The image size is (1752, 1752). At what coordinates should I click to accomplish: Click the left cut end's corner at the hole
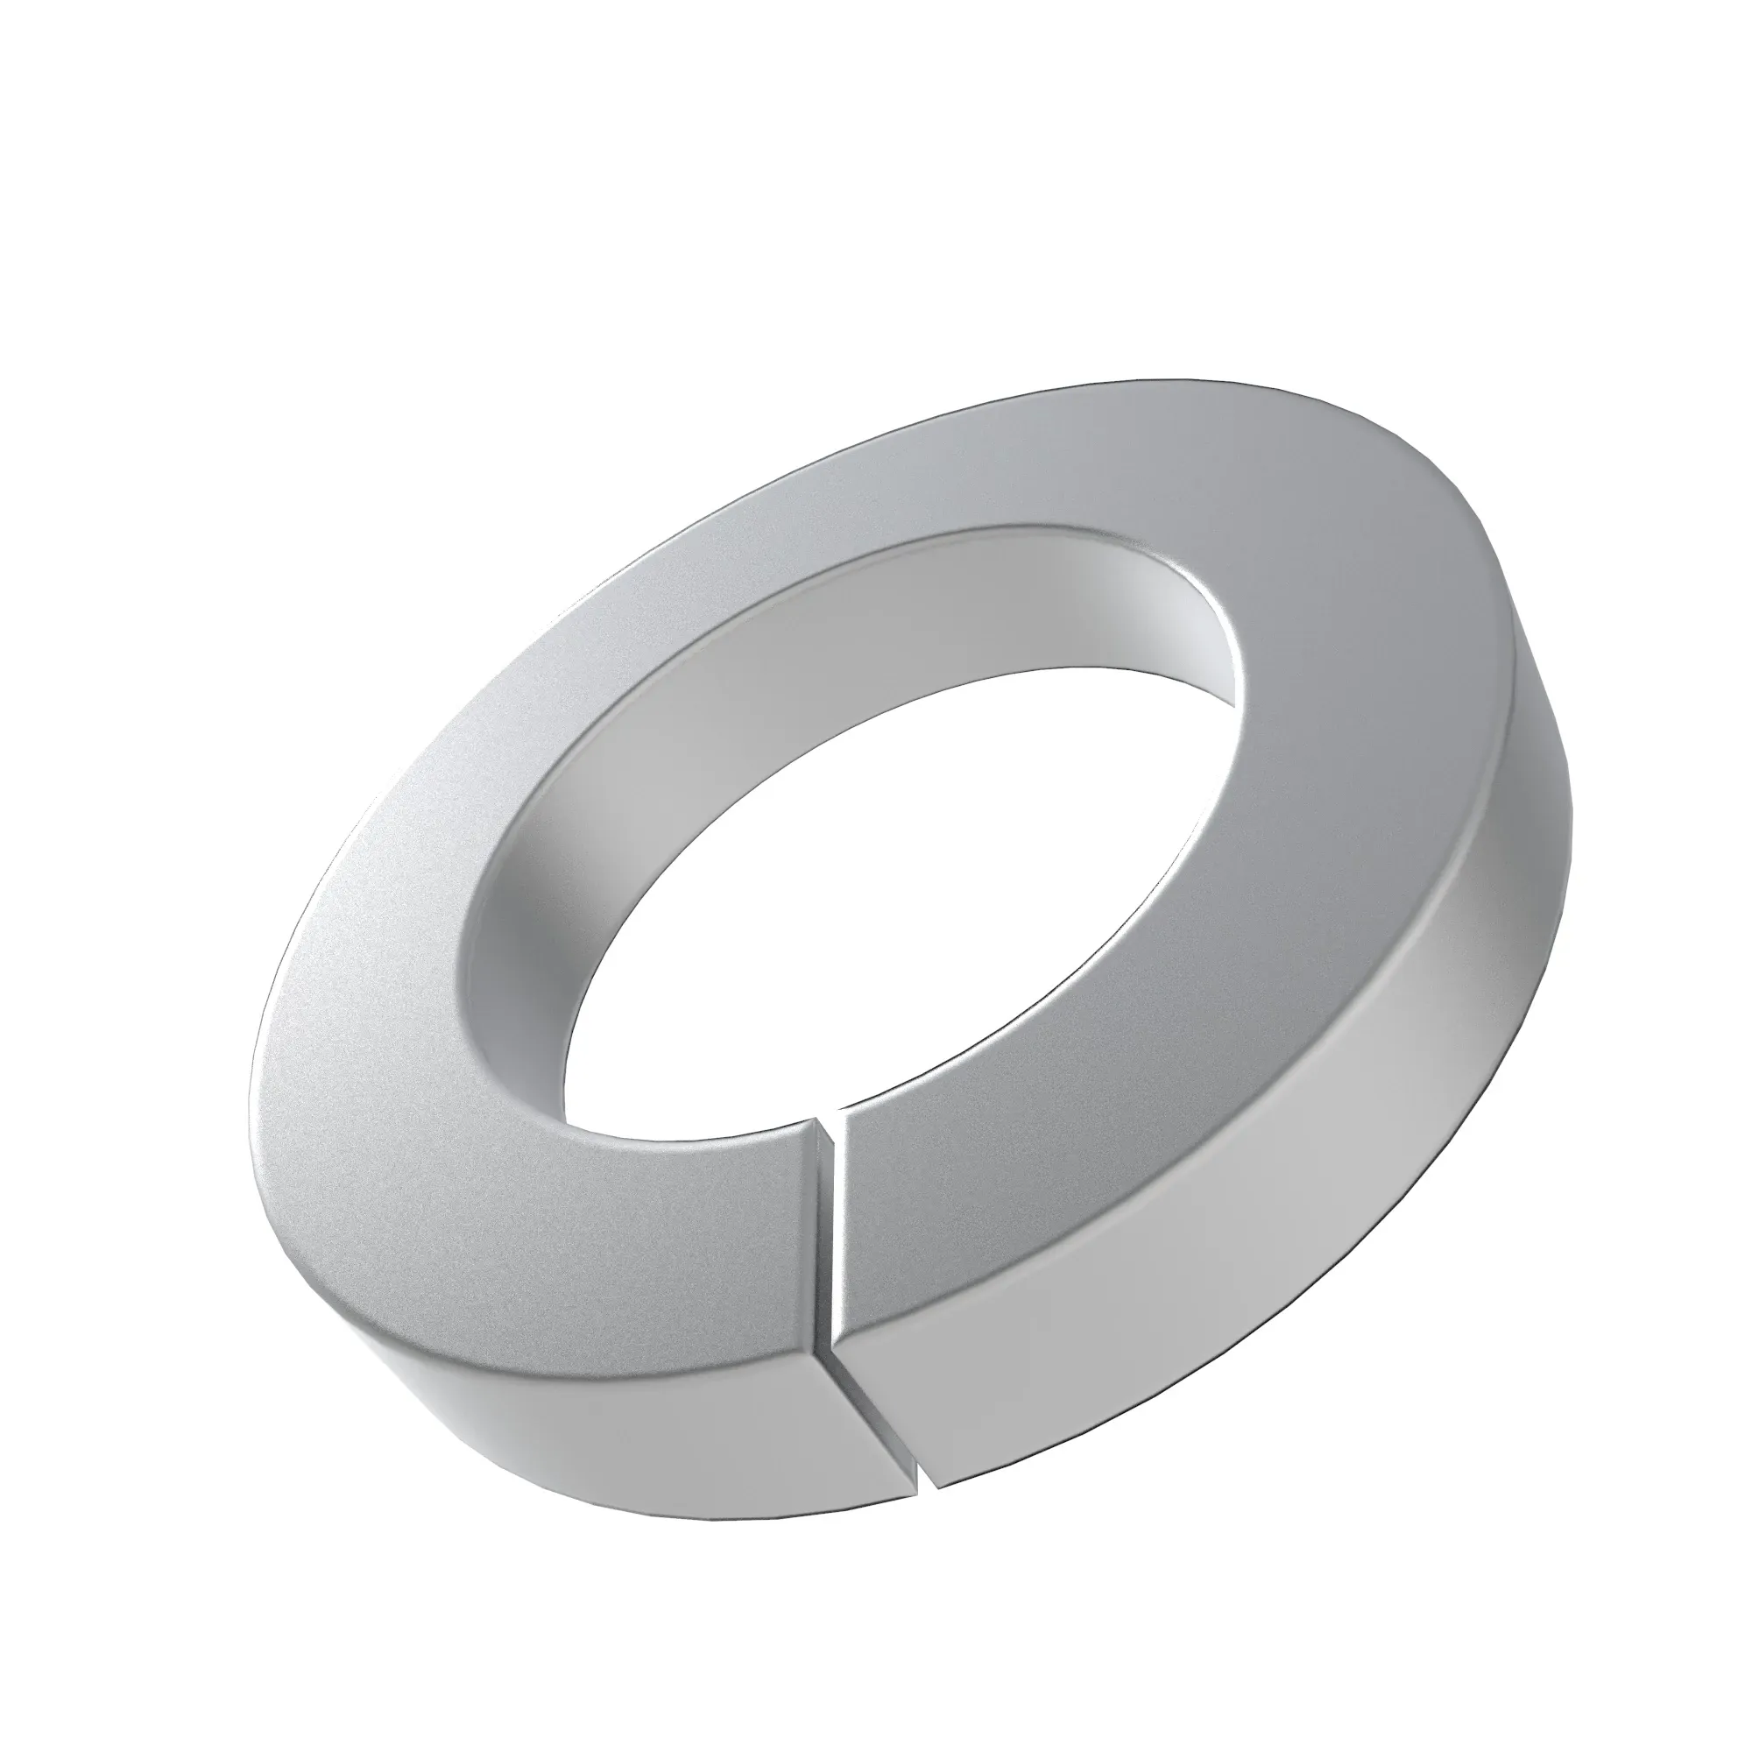806,1123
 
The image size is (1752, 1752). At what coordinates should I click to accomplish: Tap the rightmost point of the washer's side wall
1573,798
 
